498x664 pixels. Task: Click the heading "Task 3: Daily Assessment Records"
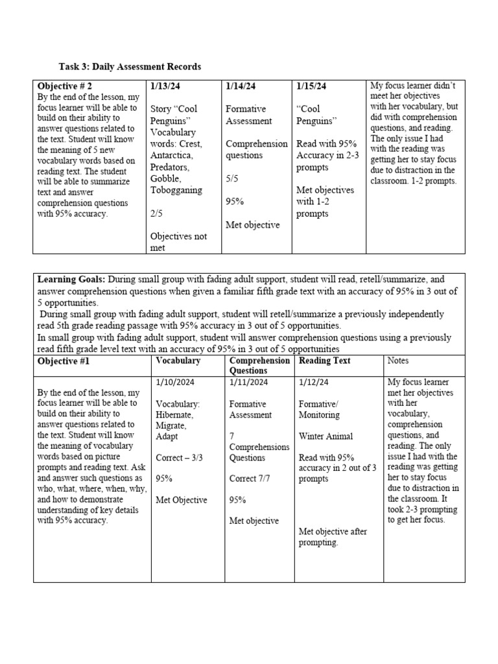(x=129, y=67)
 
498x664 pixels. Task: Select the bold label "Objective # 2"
(x=65, y=86)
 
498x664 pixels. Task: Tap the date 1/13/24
(x=165, y=86)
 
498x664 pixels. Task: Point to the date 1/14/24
(x=241, y=86)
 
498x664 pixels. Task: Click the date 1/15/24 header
(x=312, y=86)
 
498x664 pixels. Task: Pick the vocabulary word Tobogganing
(x=176, y=190)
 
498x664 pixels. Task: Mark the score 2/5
(x=158, y=213)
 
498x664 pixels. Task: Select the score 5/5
(x=233, y=178)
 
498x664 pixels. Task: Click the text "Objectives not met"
(x=178, y=242)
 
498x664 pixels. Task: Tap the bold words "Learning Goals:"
(x=71, y=279)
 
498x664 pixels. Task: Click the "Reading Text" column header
(x=324, y=361)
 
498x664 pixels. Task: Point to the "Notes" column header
(x=399, y=361)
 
